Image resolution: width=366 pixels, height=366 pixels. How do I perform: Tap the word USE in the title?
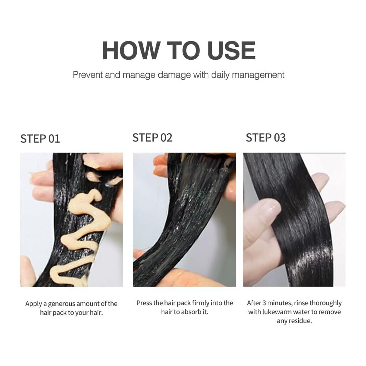(x=231, y=50)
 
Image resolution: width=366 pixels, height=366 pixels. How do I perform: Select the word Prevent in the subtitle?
(x=88, y=75)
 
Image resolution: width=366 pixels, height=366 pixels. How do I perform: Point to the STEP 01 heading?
(x=40, y=139)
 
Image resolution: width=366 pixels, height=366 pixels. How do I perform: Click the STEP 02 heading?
(x=152, y=138)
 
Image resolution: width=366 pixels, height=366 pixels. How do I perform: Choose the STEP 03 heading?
(x=266, y=138)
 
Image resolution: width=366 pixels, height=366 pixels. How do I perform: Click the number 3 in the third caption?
(x=264, y=303)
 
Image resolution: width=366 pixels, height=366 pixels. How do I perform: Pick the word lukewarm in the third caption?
(x=277, y=312)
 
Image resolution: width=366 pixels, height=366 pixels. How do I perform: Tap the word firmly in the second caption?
(x=201, y=303)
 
